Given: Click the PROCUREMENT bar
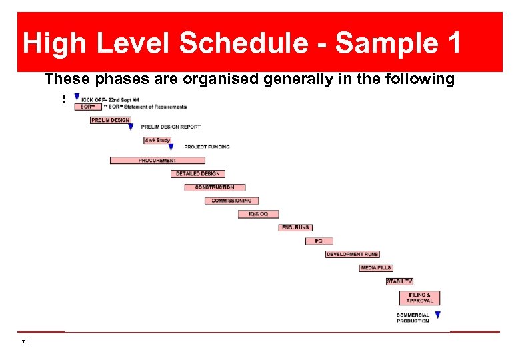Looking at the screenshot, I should [157, 160].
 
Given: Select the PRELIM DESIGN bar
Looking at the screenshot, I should [111, 120].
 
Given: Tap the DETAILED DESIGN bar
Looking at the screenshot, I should [197, 173].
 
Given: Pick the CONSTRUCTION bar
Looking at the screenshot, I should [215, 187].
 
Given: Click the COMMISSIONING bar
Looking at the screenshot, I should [231, 201].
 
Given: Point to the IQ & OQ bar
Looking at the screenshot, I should [258, 214].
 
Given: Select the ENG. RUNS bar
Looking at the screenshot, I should [295, 227].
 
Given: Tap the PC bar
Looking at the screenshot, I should [319, 241].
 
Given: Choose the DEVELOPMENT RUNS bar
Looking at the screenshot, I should [353, 254].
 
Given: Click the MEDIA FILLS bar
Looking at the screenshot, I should [376, 268].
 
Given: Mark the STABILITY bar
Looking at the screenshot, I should [399, 281].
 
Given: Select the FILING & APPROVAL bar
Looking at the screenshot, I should [420, 298].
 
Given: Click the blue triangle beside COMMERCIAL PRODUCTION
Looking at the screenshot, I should [438, 315].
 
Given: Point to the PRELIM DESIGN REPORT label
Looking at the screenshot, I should [171, 127].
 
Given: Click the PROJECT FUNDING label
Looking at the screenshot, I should [207, 147].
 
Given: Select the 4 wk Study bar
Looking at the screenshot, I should [157, 140].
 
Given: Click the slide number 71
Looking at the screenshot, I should [25, 342].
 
